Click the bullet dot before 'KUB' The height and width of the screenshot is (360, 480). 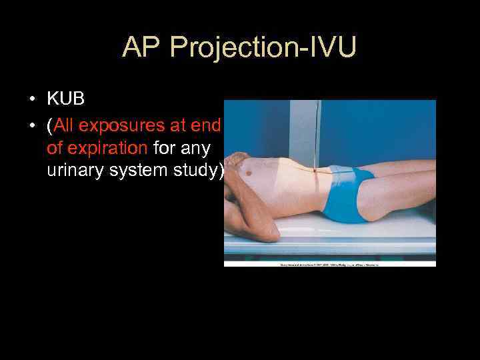point(32,101)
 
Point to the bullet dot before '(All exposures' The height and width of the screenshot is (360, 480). point(32,124)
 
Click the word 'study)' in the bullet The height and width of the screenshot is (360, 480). point(201,170)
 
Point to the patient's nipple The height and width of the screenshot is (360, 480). point(249,173)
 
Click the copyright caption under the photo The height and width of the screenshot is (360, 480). point(329,265)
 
